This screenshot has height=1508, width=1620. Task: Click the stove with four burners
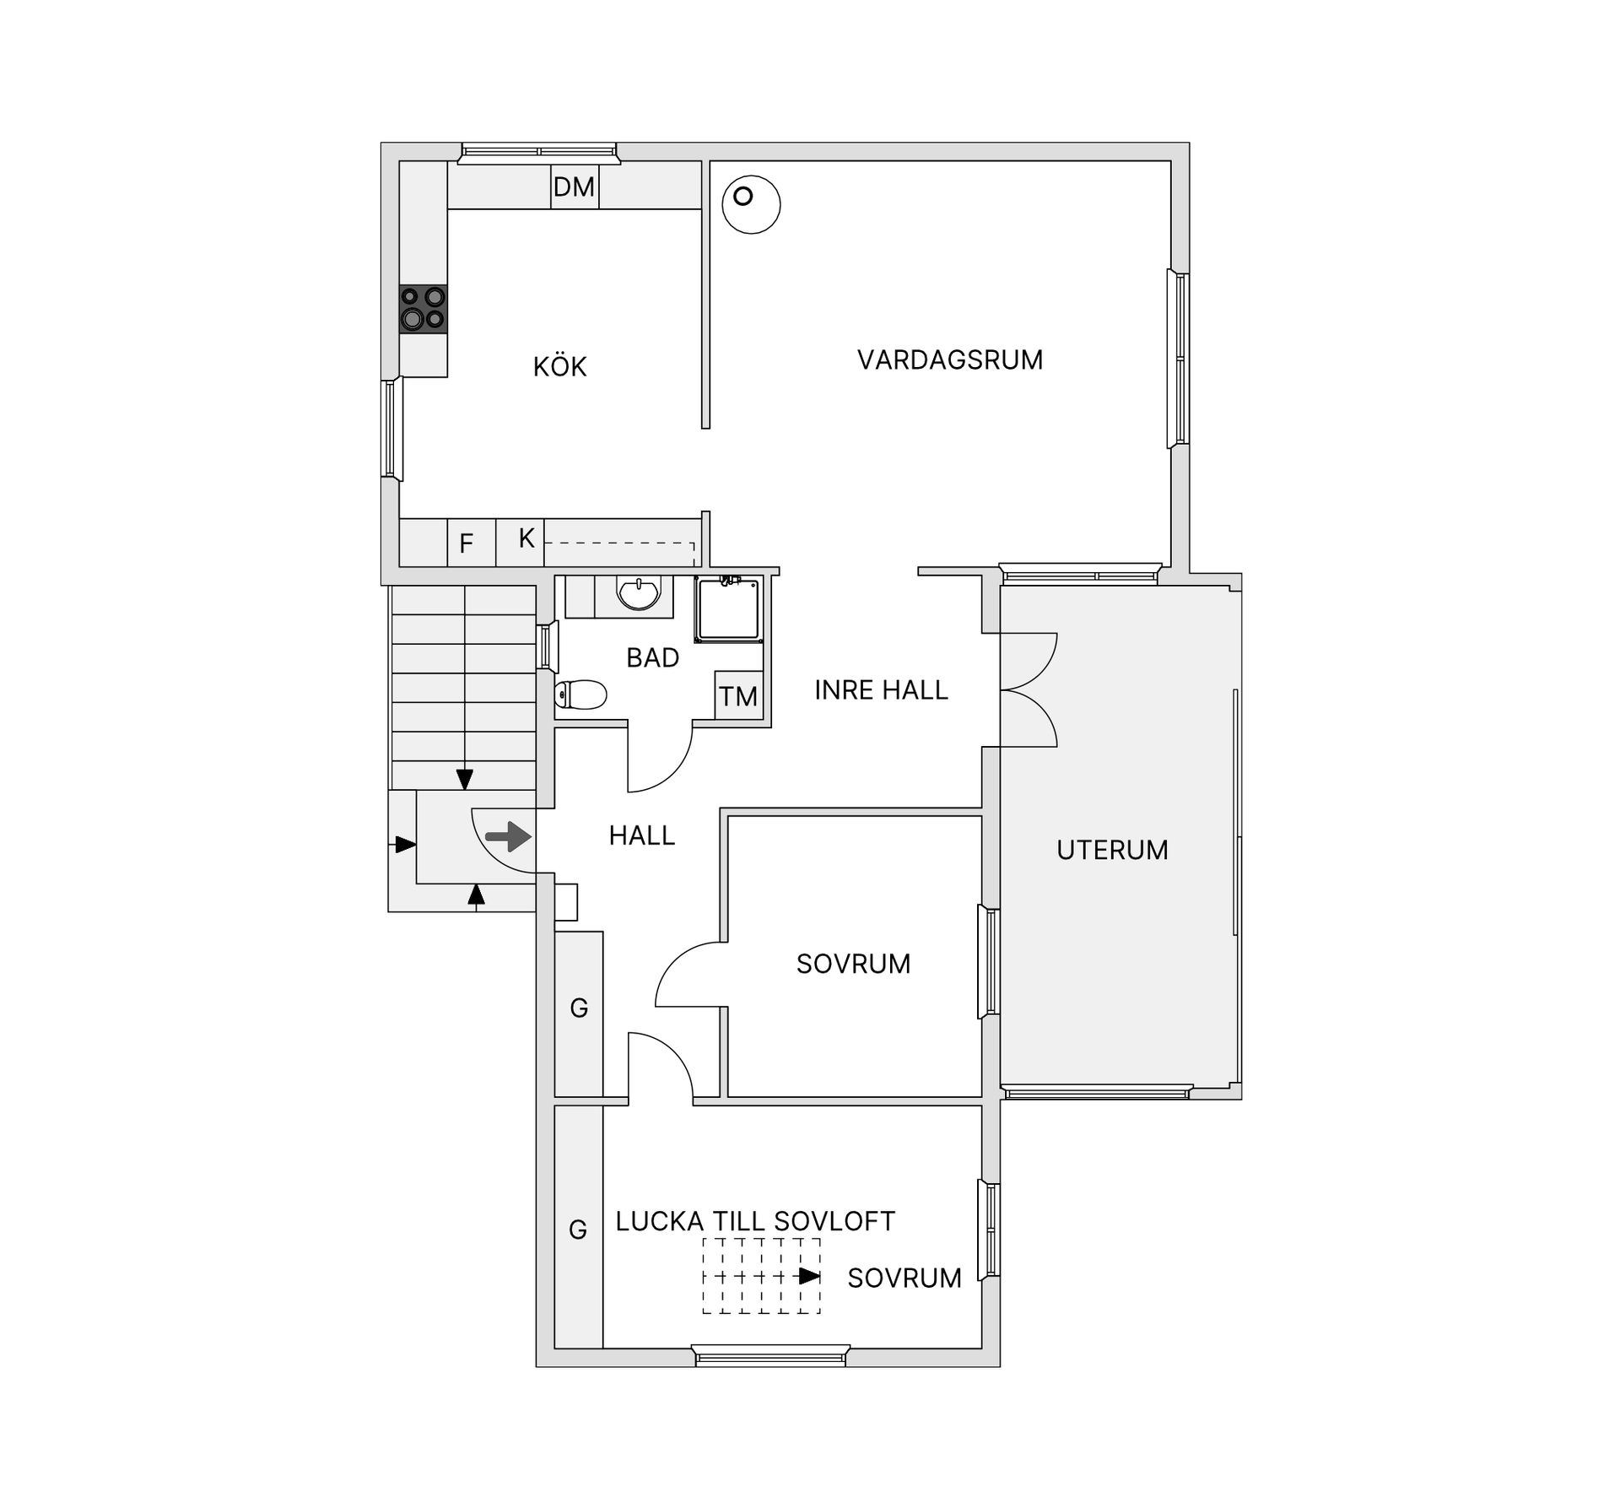(x=424, y=310)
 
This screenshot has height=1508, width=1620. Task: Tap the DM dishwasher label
(x=574, y=186)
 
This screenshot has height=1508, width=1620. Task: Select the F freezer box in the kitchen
(x=471, y=543)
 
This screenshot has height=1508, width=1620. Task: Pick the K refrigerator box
(x=521, y=543)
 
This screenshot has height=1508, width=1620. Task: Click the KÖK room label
(x=559, y=366)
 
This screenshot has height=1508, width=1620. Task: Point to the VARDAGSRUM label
(x=950, y=359)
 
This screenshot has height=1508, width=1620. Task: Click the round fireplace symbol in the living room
(x=751, y=204)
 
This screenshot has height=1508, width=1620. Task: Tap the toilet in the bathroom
(x=581, y=695)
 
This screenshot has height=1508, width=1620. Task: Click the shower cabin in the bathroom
(x=729, y=609)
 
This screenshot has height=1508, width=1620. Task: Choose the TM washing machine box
(x=739, y=695)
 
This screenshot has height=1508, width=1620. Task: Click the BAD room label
(x=652, y=657)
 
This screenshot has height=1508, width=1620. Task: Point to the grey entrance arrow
(x=508, y=837)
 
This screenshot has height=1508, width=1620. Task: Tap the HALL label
(x=642, y=835)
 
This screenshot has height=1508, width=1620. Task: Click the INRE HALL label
(x=881, y=690)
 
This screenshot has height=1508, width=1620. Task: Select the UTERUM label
(x=1112, y=850)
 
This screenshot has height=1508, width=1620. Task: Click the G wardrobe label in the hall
(x=579, y=1008)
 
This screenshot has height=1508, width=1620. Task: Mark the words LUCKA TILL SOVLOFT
(x=755, y=1221)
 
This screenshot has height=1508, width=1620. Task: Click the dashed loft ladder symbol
(x=762, y=1276)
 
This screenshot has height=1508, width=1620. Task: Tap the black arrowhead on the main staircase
(x=464, y=780)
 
